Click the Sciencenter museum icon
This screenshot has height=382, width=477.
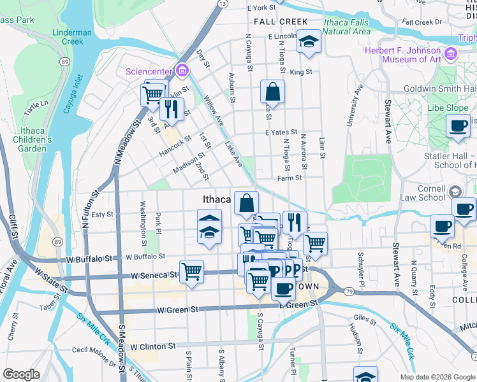point(182,69)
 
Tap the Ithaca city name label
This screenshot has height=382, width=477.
point(216,199)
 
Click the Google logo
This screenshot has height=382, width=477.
point(21,374)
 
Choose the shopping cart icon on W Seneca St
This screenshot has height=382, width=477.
point(191,271)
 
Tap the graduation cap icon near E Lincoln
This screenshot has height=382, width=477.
point(309,41)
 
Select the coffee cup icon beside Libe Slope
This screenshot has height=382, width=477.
point(457,125)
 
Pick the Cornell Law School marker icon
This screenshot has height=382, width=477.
point(455,191)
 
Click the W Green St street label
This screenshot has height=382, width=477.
point(176,310)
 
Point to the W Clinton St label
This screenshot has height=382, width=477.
point(153,346)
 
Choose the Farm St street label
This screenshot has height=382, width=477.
point(289,179)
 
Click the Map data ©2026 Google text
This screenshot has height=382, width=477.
point(437,377)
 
